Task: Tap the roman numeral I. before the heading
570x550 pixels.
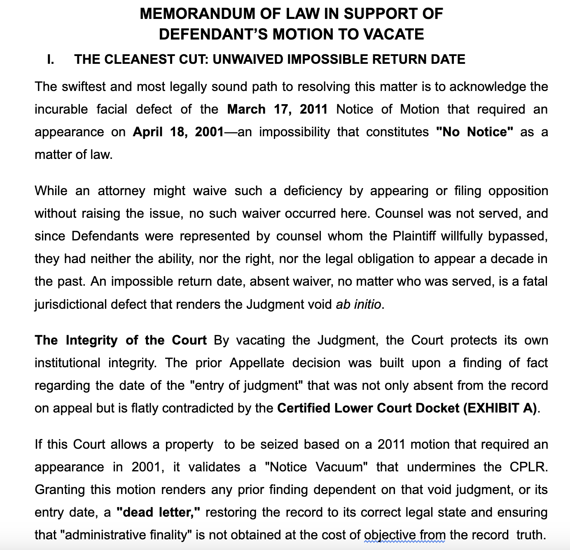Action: (x=50, y=60)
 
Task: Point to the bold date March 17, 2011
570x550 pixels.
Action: (x=277, y=110)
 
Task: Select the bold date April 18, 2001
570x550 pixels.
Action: (x=178, y=132)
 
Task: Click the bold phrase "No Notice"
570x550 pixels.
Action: (x=474, y=132)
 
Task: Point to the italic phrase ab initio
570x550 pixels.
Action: (x=359, y=304)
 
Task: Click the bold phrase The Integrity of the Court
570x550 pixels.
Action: (x=121, y=340)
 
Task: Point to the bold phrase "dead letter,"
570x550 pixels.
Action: (x=158, y=513)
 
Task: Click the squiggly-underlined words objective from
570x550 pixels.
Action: (x=405, y=535)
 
